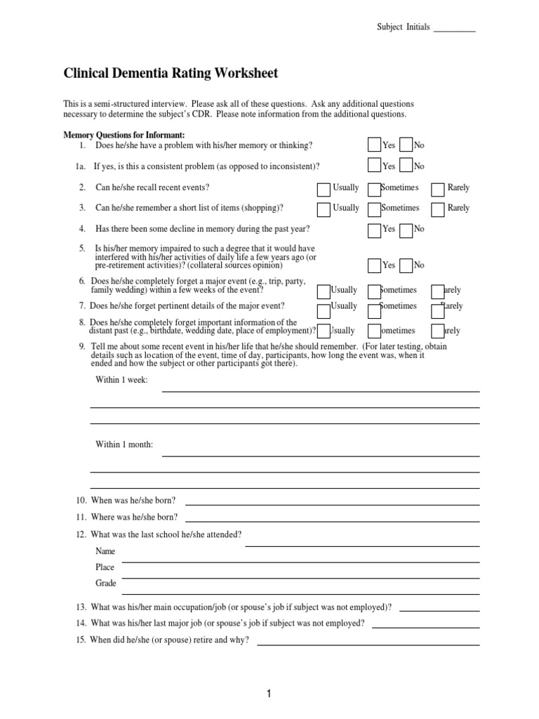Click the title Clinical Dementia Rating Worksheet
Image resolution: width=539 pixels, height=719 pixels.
click(171, 73)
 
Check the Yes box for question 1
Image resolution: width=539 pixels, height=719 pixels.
click(374, 145)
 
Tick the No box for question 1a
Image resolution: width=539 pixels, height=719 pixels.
click(406, 166)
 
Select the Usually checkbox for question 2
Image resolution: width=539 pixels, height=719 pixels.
click(324, 189)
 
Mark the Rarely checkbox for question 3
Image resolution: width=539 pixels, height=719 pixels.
click(437, 209)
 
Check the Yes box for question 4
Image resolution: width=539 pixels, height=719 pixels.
click(374, 229)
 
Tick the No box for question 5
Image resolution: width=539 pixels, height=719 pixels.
click(406, 265)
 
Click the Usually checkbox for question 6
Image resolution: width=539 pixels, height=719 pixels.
click(324, 291)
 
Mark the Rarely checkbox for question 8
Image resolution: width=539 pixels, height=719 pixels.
click(437, 331)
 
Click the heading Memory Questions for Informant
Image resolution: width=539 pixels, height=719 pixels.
click(124, 134)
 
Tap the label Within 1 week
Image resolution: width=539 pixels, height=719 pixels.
click(121, 380)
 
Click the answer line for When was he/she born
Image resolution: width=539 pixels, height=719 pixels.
click(332, 503)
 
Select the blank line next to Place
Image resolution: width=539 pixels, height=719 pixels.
click(300, 562)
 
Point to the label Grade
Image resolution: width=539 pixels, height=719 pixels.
click(106, 583)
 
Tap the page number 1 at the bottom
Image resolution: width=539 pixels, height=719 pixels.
click(269, 694)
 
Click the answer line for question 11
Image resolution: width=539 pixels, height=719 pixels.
click(332, 520)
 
